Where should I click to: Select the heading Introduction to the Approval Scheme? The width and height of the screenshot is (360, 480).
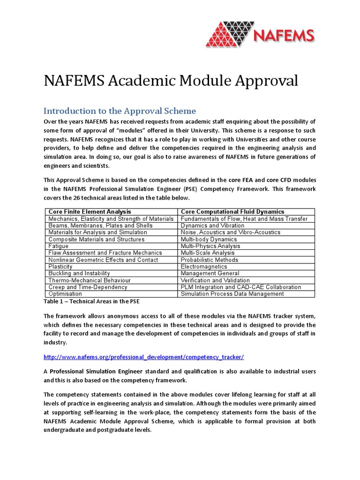click(120, 111)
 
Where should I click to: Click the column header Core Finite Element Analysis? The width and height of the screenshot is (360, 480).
click(90, 212)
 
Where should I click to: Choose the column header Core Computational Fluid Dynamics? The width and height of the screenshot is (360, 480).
click(232, 212)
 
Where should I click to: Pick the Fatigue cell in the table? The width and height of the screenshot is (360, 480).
click(59, 246)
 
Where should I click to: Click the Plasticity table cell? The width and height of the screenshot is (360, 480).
click(60, 267)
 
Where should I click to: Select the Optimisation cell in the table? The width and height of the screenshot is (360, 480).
click(65, 294)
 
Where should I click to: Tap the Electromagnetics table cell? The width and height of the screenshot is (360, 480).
click(204, 267)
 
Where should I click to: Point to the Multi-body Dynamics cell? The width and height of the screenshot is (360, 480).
click(209, 239)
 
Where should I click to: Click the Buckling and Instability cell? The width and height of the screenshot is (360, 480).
click(79, 273)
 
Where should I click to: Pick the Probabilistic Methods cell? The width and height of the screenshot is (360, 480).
click(210, 260)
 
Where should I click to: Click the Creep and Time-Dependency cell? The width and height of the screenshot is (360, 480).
click(88, 287)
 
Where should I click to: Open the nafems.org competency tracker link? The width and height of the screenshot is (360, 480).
click(143, 357)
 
